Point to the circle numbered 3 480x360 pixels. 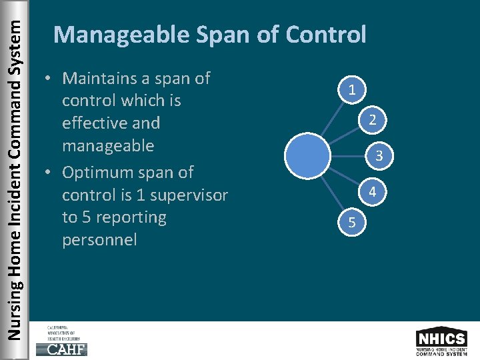(378, 157)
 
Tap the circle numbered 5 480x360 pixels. (351, 223)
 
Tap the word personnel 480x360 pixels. (99, 240)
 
